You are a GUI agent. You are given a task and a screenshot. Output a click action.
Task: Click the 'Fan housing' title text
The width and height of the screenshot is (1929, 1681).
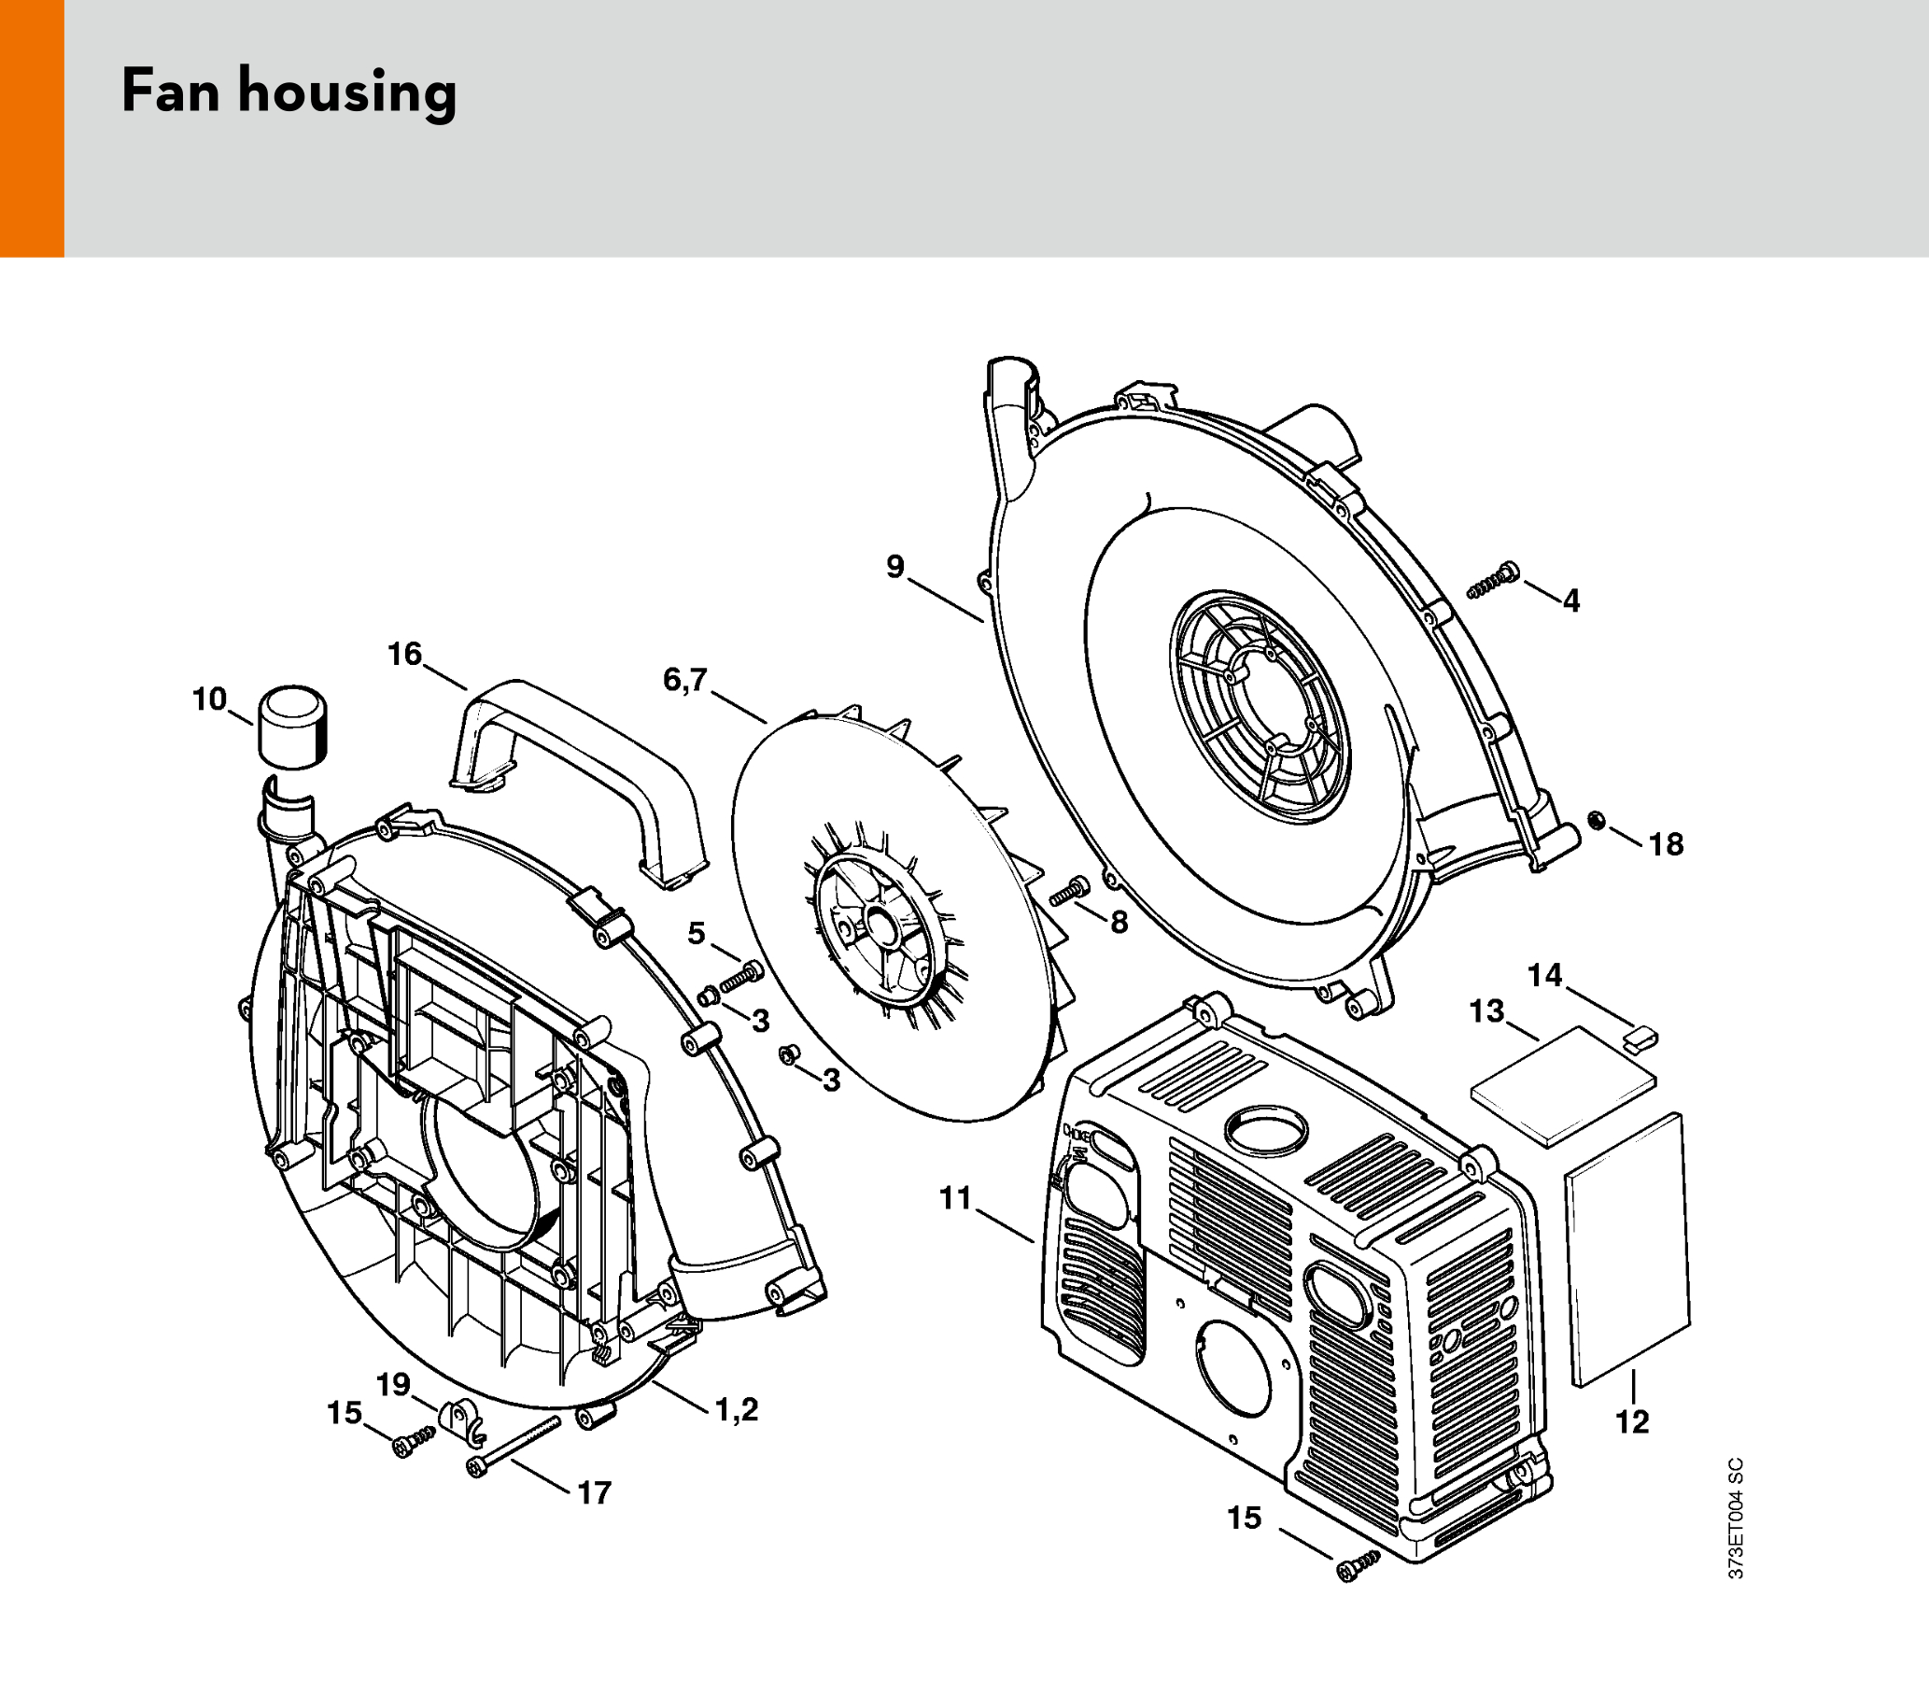coord(289,92)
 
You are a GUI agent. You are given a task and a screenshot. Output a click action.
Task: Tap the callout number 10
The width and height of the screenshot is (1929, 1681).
coord(209,699)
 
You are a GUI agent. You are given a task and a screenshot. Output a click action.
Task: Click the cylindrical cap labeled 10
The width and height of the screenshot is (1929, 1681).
coord(292,727)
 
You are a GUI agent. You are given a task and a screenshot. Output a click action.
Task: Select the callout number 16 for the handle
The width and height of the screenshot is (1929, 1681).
coord(405,654)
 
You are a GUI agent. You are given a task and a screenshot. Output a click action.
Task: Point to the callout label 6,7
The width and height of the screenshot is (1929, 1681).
coord(684,679)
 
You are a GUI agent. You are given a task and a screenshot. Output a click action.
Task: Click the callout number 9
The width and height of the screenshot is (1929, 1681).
coord(895,567)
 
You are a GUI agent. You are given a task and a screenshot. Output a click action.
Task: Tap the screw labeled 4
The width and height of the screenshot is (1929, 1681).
coord(1493,581)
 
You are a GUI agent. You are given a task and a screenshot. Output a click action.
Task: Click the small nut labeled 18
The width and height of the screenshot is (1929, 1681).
coord(1593,822)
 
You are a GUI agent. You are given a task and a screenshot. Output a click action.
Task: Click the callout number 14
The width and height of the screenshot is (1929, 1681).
coord(1544,976)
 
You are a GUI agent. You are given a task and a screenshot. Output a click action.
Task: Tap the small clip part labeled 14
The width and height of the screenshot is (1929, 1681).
coord(1640,1038)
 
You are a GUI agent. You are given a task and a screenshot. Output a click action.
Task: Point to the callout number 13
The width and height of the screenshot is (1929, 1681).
coord(1486,1011)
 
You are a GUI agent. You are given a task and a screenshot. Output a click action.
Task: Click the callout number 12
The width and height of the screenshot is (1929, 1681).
coord(1632,1422)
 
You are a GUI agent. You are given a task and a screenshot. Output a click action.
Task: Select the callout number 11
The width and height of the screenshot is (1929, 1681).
coord(954,1199)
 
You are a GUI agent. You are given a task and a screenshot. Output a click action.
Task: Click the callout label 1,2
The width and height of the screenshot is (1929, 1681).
coord(736,1408)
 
